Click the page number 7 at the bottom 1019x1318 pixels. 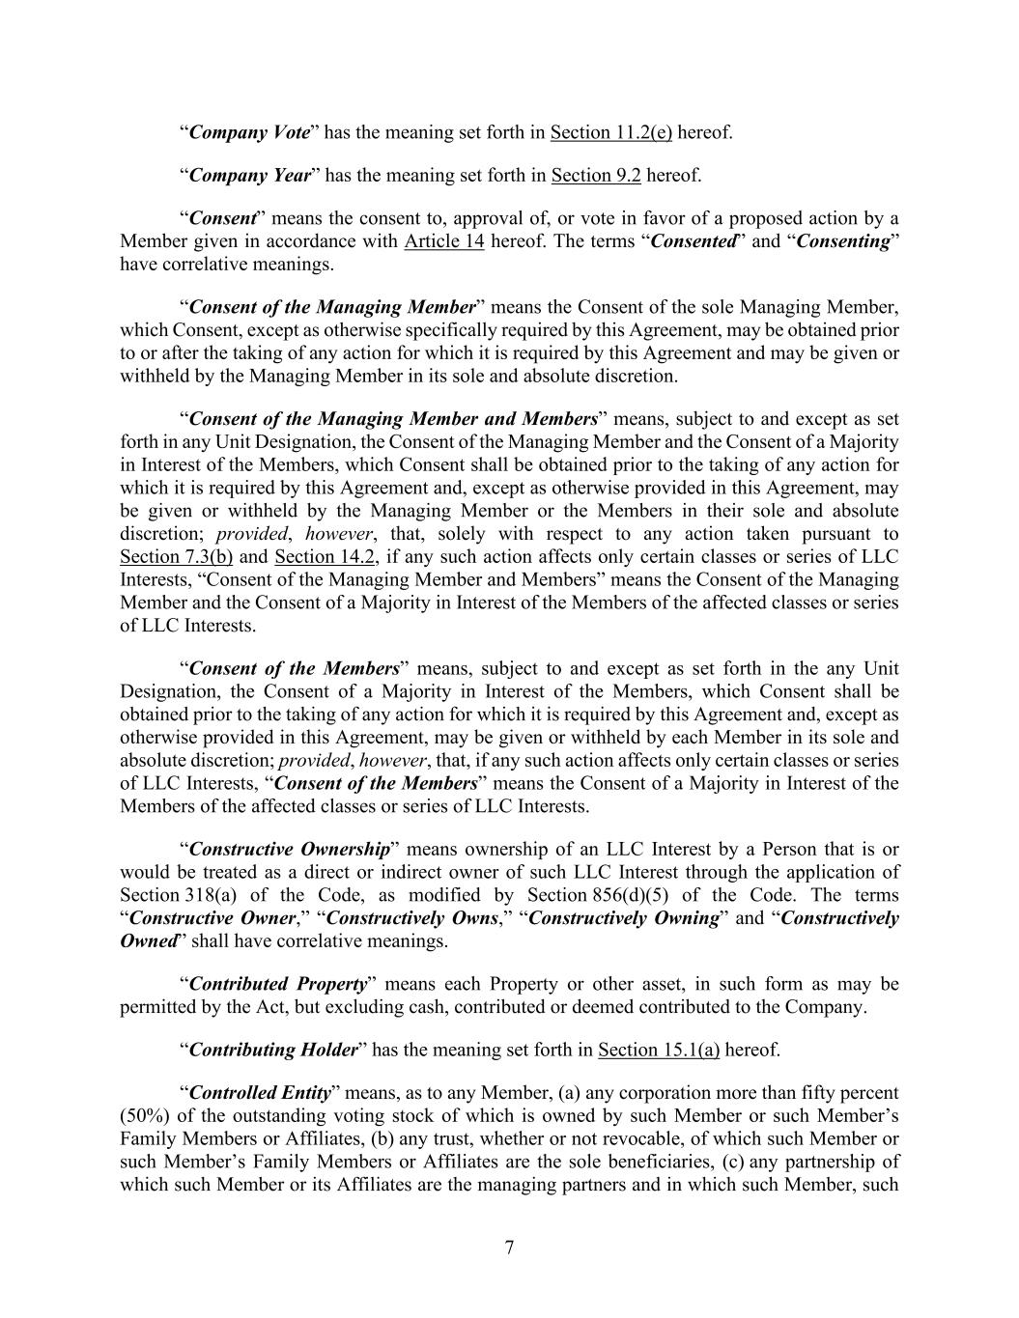click(x=509, y=1248)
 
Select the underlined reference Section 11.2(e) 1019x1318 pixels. click(x=610, y=132)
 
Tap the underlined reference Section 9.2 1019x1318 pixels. click(x=596, y=175)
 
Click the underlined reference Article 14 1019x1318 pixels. click(x=443, y=240)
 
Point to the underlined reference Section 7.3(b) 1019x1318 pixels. click(x=176, y=557)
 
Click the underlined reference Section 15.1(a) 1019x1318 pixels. click(x=659, y=1050)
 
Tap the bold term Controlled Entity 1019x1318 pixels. click(x=260, y=1093)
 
